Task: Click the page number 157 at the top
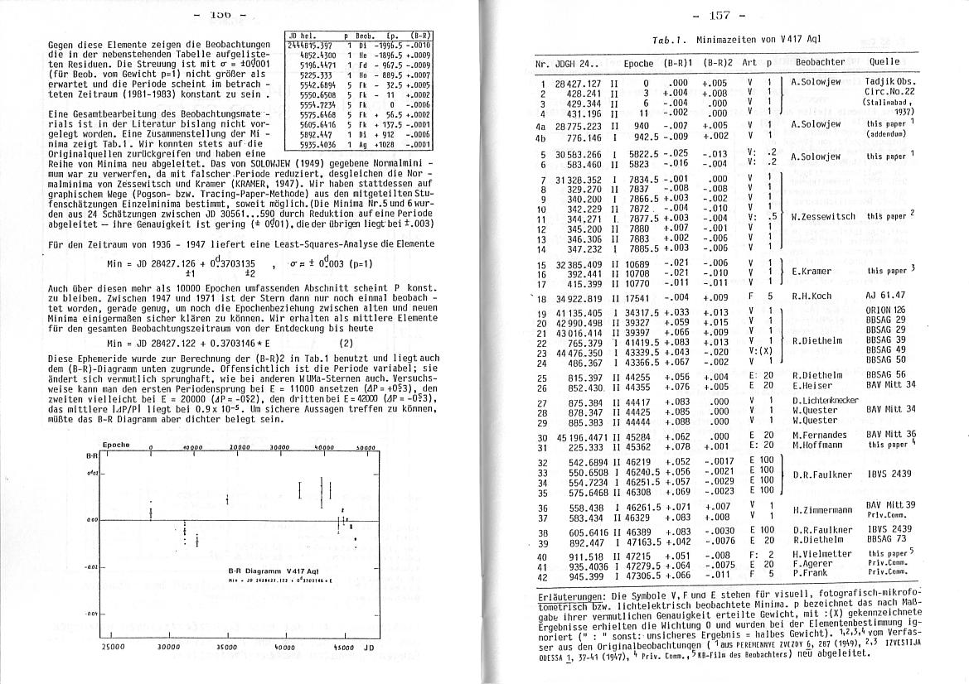tap(729, 16)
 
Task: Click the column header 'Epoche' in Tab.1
tap(638, 62)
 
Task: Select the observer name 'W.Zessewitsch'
tap(826, 216)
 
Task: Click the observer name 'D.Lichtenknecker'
tap(830, 400)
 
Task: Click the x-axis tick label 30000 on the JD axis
tap(169, 646)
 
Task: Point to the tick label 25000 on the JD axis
tap(113, 646)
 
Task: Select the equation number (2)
tap(346, 342)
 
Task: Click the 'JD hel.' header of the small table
tap(301, 36)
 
